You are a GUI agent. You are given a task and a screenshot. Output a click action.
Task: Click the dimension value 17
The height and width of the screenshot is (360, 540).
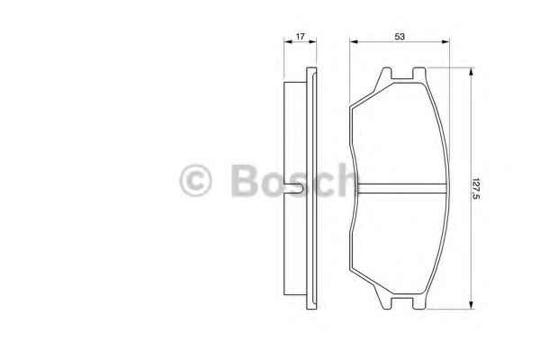tap(301, 36)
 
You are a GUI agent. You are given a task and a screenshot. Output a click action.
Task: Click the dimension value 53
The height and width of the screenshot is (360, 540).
tap(400, 36)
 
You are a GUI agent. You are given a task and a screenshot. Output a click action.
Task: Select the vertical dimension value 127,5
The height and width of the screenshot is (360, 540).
tap(476, 188)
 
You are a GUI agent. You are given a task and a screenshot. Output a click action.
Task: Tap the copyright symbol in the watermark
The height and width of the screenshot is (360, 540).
tap(195, 180)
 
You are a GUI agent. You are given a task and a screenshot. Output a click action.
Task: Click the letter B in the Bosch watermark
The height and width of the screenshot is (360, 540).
tap(245, 180)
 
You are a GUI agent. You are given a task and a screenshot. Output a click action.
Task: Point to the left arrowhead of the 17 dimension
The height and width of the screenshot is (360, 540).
tap(288, 41)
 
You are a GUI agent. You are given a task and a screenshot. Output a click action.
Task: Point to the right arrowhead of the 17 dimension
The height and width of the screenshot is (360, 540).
tap(312, 41)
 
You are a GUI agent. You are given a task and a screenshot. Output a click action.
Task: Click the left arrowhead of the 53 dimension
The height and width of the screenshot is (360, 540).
tap(354, 41)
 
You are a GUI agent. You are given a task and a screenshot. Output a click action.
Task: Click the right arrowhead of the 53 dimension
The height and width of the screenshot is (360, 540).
tap(445, 41)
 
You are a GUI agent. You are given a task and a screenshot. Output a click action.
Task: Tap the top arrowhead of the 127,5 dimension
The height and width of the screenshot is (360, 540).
tap(472, 72)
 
